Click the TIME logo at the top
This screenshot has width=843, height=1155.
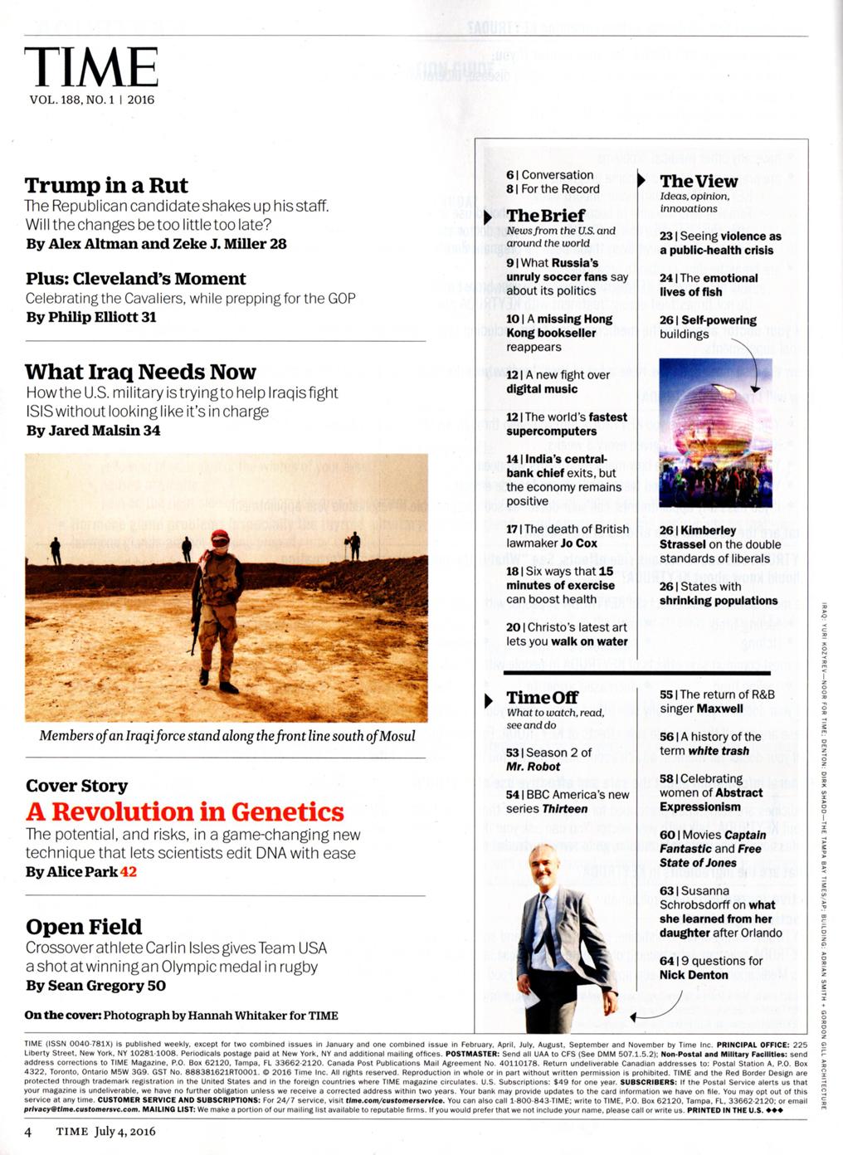pos(91,66)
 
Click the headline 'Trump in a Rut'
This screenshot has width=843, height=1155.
pos(106,185)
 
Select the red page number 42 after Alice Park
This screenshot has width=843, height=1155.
pos(128,872)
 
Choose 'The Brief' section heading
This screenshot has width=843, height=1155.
pos(545,216)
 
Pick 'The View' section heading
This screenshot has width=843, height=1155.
pos(698,181)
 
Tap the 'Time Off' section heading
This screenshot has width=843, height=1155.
pos(542,698)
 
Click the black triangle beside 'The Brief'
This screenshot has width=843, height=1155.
pos(489,217)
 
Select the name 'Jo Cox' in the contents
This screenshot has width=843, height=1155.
pos(578,543)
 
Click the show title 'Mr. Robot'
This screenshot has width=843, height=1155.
pos(533,767)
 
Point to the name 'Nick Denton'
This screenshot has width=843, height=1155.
pos(694,975)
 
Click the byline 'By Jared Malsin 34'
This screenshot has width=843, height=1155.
pos(93,431)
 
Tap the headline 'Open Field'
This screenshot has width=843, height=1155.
pos(84,927)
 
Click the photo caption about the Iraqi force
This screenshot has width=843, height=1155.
pos(227,736)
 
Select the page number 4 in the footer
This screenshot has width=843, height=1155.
pos(28,1131)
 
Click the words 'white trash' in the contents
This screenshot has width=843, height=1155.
pos(719,751)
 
